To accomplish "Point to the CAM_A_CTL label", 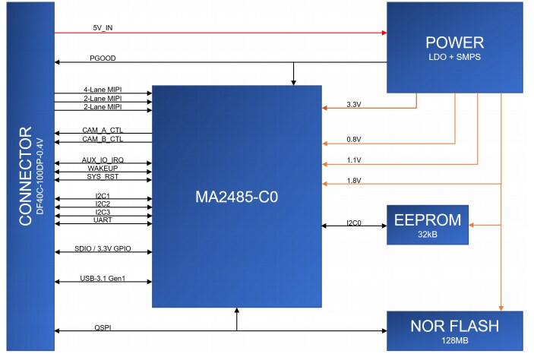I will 103,130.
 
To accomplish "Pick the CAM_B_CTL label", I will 103,139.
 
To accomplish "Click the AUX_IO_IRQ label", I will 103,159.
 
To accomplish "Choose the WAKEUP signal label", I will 103,168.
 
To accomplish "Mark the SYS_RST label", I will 103,176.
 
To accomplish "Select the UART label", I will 103,220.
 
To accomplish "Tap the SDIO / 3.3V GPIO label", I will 103,248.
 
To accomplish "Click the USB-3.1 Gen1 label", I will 103,278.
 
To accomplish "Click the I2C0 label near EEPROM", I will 355,223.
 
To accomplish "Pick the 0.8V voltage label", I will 354,139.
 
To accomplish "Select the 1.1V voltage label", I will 354,159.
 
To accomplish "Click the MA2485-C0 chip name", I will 236,197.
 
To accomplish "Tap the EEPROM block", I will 428,225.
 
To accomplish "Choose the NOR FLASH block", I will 454,330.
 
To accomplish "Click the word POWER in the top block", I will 455,43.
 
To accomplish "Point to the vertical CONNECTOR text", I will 26,180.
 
